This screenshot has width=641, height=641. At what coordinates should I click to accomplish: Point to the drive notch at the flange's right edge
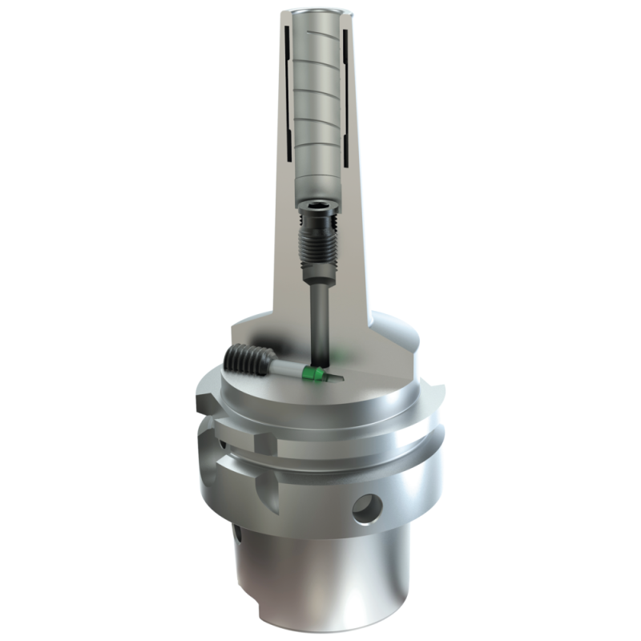click(x=437, y=393)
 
